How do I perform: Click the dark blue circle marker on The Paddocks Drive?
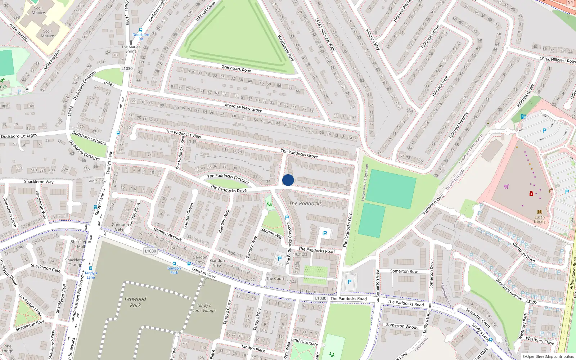(x=288, y=180)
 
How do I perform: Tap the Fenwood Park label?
(x=135, y=302)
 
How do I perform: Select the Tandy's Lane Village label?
(x=204, y=308)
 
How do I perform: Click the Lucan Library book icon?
(x=539, y=212)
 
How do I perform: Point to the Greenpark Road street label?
(x=236, y=68)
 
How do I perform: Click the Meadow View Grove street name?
(x=243, y=108)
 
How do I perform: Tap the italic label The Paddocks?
(x=305, y=203)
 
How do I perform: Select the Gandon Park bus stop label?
(x=174, y=270)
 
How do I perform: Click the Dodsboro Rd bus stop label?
(x=141, y=37)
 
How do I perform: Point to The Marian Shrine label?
(x=131, y=49)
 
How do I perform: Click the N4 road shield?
(x=570, y=3)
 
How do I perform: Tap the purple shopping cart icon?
(x=507, y=186)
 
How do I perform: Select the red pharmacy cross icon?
(x=531, y=194)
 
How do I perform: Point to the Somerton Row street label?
(x=404, y=271)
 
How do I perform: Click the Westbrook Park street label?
(x=286, y=48)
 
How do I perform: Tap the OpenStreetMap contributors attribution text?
(x=548, y=356)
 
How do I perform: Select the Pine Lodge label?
(x=7, y=348)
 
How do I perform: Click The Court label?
(x=275, y=278)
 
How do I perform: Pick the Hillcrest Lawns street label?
(x=431, y=36)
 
